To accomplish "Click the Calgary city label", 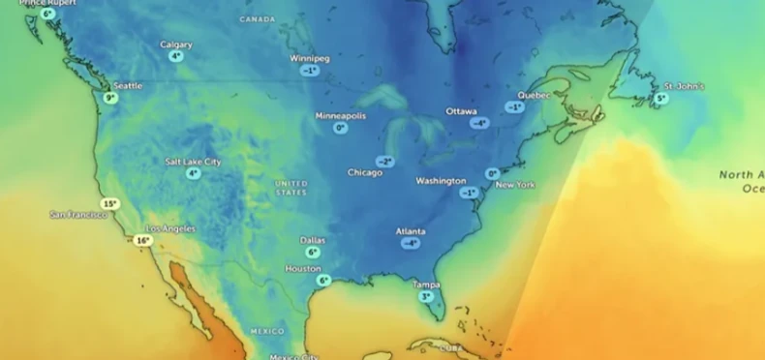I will tap(176, 45).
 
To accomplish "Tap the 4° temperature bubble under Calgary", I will tap(175, 56).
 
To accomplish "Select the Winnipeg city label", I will tap(310, 58).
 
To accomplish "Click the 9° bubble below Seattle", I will tap(110, 98).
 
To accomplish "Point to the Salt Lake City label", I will tap(193, 162).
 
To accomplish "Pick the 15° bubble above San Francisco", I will tap(110, 203).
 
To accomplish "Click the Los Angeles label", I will tap(170, 228).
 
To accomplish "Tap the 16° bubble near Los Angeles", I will tap(143, 240).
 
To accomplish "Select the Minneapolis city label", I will tap(341, 115).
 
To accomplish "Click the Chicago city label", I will tap(365, 172).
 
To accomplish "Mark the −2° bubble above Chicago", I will tap(385, 162).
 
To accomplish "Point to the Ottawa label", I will tap(461, 111).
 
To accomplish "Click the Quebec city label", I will tap(534, 95).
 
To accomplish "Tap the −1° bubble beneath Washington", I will tap(469, 193).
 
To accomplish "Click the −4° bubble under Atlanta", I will tap(411, 243).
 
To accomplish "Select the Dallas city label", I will tap(313, 240).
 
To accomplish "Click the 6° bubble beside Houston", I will tap(324, 281).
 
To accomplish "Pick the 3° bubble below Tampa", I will tap(426, 296).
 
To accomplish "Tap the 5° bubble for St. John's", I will tap(661, 98).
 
